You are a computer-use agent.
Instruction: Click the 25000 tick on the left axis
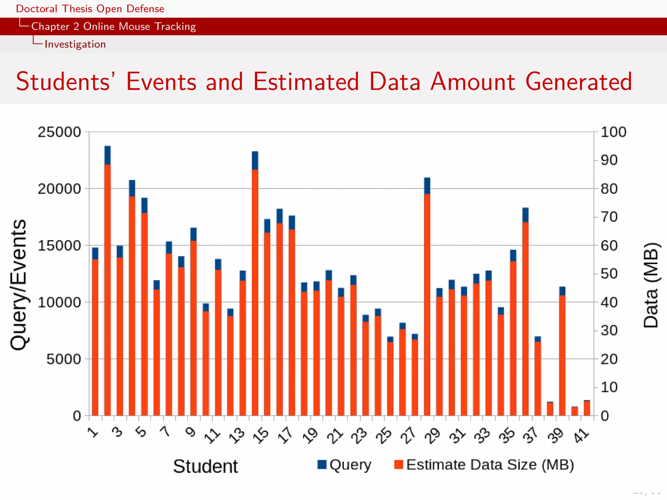click(x=59, y=132)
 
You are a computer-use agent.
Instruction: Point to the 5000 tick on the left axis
click(x=64, y=359)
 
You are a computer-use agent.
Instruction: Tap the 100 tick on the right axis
click(x=613, y=132)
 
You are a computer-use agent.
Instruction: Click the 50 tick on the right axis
click(x=609, y=274)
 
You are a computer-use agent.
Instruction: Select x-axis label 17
click(x=286, y=436)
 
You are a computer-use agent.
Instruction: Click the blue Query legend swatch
click(x=322, y=465)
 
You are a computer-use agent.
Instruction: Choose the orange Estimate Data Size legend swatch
click(x=399, y=465)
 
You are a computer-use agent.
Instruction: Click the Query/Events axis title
click(x=18, y=285)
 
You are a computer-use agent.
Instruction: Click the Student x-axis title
click(x=205, y=466)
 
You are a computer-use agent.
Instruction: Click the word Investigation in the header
click(x=75, y=44)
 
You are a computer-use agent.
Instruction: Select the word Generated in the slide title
click(x=578, y=81)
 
